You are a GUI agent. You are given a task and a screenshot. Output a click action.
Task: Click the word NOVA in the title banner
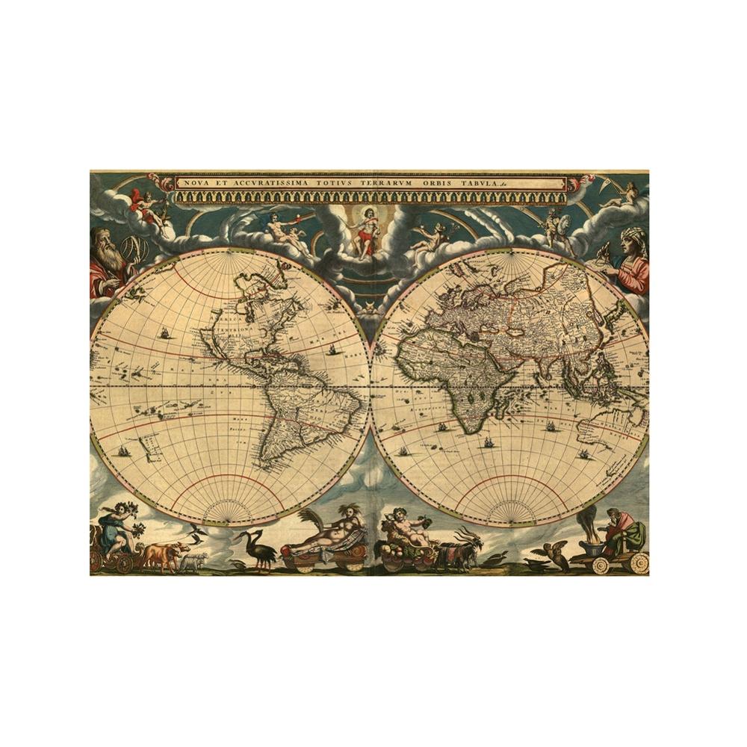197,184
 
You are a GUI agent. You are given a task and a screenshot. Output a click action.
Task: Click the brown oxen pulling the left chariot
162,555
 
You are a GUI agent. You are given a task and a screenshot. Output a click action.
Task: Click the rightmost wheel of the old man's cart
637,561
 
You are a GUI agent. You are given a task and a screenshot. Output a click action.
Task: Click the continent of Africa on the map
456,373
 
